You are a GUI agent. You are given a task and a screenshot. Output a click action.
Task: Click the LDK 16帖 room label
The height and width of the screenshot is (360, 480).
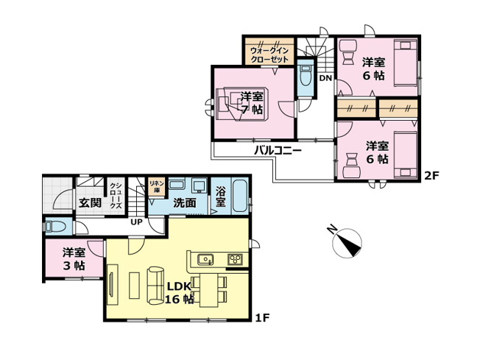coord(180,292)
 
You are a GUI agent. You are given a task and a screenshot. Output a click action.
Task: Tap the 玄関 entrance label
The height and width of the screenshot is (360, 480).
coord(90,202)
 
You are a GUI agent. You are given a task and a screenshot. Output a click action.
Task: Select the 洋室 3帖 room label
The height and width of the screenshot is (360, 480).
coord(73,259)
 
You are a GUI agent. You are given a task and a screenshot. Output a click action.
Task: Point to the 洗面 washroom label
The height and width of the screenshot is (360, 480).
coord(184,202)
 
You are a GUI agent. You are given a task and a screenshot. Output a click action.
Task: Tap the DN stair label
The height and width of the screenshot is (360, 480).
coord(325,77)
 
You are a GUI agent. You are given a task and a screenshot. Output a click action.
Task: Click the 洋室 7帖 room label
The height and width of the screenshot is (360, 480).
coord(253,103)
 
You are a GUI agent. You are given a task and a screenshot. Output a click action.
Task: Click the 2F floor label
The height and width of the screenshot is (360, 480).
coord(431,175)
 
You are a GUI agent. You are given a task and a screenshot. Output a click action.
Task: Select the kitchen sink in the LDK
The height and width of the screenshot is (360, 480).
coord(206,258)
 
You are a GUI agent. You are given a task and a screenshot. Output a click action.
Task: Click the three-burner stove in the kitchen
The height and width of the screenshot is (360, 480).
coord(236,258)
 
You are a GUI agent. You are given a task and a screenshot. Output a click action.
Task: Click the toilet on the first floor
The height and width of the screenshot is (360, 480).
coord(54,226)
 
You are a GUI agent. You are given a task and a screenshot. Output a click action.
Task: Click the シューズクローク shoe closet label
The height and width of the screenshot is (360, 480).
coord(116,197)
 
